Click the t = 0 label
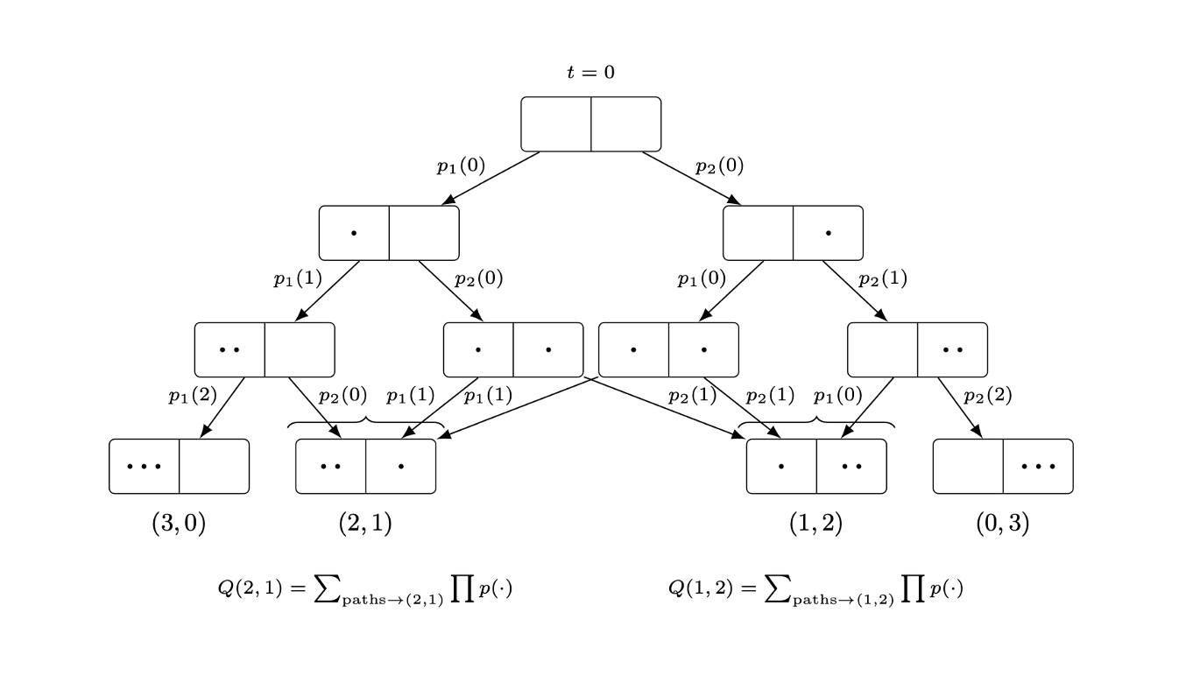[590, 73]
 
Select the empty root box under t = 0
[590, 124]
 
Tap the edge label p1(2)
[193, 396]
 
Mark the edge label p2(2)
[987, 396]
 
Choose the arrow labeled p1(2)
[223, 407]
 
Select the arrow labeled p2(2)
[958, 407]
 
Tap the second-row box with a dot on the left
[389, 233]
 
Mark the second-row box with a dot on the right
[793, 233]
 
